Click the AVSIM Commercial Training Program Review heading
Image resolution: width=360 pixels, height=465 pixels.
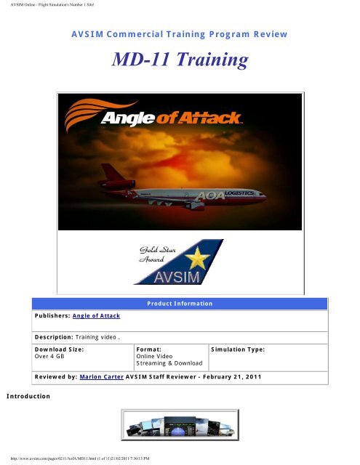(x=179, y=34)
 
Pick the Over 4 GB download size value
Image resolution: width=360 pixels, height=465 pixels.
(x=50, y=357)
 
